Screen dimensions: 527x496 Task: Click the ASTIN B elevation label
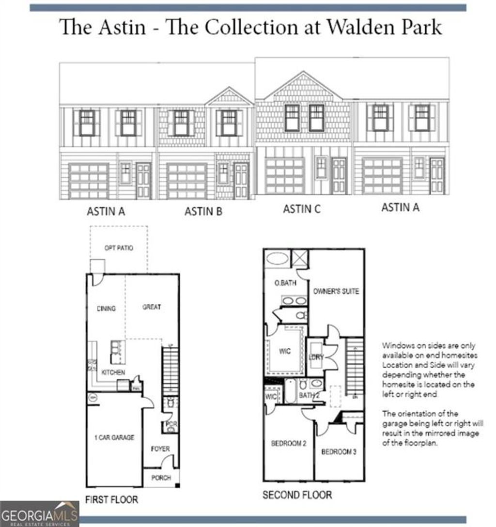click(203, 211)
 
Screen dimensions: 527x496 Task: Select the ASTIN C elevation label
click(301, 209)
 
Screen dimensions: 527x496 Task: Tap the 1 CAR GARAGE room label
click(114, 437)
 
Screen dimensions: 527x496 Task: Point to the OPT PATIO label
click(119, 248)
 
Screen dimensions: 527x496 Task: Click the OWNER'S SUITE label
click(336, 291)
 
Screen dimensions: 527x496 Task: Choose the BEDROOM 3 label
click(339, 451)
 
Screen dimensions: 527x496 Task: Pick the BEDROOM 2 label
click(288, 443)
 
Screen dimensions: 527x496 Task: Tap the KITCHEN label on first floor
click(113, 372)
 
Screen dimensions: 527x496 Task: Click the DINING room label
click(106, 309)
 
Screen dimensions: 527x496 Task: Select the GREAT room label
click(152, 307)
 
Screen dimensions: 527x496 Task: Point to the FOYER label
click(160, 449)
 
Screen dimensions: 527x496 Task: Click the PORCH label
click(161, 478)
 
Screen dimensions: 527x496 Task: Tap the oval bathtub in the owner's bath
click(277, 258)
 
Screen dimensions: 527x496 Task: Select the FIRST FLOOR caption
click(111, 499)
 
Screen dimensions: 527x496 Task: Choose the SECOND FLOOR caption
click(297, 495)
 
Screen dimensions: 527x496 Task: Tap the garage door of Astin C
click(285, 176)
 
